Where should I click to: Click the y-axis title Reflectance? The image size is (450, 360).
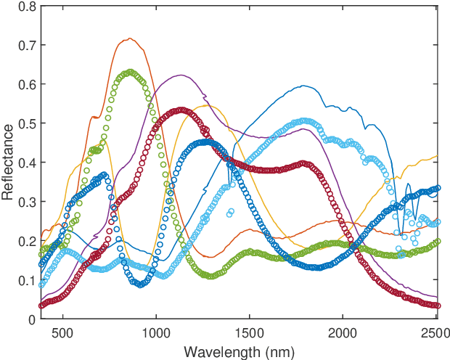tap(8, 162)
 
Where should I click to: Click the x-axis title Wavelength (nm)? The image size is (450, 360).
tap(239, 351)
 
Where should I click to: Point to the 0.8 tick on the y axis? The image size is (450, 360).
tap(26, 7)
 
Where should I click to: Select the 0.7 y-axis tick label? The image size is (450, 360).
tap(26, 46)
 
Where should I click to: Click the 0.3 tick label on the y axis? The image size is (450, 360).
tap(26, 202)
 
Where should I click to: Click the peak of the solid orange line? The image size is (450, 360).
tap(130, 38)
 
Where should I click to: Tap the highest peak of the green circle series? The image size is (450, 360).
tap(130, 73)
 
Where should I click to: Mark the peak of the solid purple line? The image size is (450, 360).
tap(178, 75)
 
